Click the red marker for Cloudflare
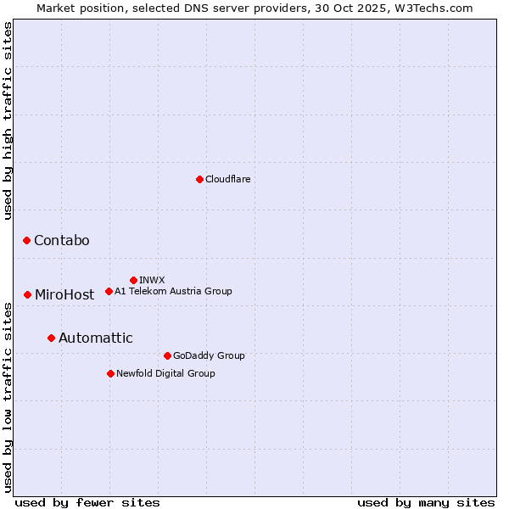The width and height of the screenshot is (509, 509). click(x=199, y=179)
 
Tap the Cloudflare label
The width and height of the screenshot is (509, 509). click(x=228, y=179)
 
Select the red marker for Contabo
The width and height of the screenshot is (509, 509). click(x=26, y=241)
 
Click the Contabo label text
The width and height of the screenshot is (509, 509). click(x=62, y=241)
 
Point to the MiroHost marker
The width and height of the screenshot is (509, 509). click(x=27, y=294)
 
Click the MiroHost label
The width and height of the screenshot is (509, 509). click(x=64, y=295)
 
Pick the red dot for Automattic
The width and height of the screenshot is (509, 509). click(x=51, y=338)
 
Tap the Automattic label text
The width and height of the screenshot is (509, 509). click(x=96, y=338)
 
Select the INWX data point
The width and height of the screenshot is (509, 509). click(x=133, y=280)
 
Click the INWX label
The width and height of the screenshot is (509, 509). click(x=152, y=280)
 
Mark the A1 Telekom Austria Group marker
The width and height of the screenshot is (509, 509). click(x=109, y=291)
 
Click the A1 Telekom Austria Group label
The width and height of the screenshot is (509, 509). click(x=173, y=291)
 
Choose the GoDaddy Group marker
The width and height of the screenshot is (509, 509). click(x=167, y=355)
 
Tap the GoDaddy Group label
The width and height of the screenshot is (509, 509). click(x=209, y=355)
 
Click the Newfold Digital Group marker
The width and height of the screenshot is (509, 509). click(x=110, y=373)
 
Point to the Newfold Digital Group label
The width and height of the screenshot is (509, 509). click(x=165, y=373)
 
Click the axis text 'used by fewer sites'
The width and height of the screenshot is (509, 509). click(x=87, y=502)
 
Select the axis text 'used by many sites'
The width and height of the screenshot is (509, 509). click(x=426, y=502)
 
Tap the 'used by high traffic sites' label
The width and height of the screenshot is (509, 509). click(x=8, y=120)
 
